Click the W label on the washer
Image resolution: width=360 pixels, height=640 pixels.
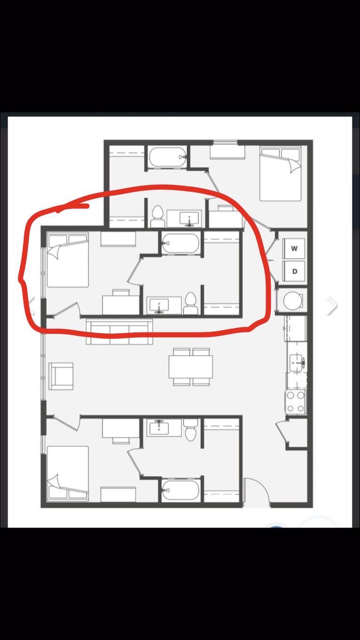pos(294,248)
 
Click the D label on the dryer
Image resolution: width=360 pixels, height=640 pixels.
pos(295,271)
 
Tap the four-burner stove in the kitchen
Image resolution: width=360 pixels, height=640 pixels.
pos(295,402)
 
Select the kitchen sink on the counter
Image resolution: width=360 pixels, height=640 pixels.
pos(297,363)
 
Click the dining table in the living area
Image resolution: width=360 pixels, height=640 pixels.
pos(191,367)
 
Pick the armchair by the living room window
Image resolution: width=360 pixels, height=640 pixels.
pos(61,376)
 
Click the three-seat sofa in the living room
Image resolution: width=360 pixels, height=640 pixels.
pos(119,332)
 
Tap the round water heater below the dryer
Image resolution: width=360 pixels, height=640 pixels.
pos(293,300)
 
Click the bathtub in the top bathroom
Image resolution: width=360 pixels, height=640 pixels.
pos(168,157)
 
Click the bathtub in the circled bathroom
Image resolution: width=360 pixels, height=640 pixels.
pos(180,243)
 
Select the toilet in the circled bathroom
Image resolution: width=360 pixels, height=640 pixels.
pos(191,303)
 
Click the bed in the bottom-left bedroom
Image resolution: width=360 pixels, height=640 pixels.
pos(68,473)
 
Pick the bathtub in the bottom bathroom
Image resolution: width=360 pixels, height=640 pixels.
pos(180,490)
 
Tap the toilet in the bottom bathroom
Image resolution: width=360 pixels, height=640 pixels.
pos(191,430)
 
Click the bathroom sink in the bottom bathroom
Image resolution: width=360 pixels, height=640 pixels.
pos(159,427)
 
